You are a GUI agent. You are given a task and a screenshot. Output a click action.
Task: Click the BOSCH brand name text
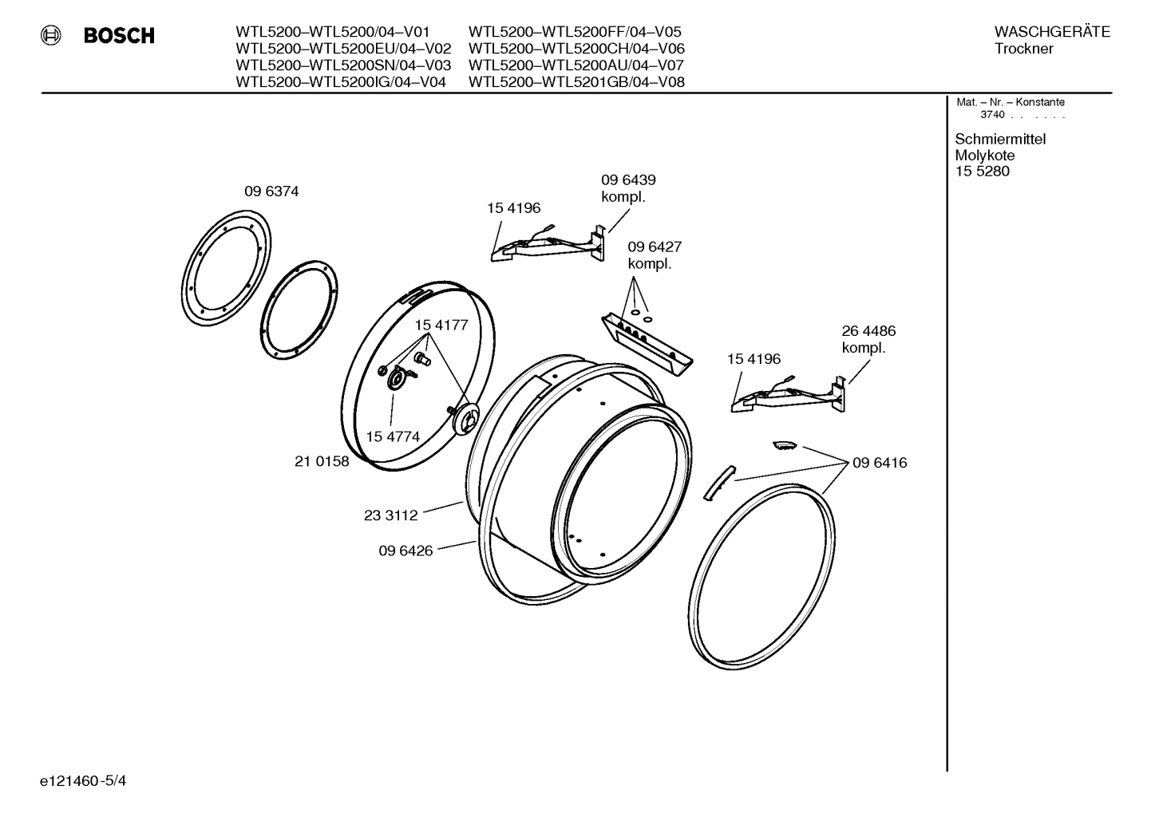(119, 36)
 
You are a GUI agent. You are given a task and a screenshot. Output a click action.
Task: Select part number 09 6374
(271, 191)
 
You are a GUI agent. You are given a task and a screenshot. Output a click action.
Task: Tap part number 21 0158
(322, 461)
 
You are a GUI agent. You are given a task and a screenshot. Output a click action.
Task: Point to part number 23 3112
(391, 515)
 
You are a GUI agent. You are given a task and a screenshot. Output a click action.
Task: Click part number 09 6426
(405, 551)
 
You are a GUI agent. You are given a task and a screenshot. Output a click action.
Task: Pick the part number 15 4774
(393, 436)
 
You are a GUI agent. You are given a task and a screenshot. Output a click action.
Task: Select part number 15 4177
(441, 326)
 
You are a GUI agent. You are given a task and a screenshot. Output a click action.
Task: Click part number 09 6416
(880, 463)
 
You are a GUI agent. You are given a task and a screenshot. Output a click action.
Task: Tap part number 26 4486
(868, 331)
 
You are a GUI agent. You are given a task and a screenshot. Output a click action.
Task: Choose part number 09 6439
(628, 180)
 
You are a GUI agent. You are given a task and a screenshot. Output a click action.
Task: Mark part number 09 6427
(655, 247)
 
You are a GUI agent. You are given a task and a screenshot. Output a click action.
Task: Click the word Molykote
(985, 156)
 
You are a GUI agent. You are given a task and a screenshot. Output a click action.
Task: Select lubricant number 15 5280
(982, 172)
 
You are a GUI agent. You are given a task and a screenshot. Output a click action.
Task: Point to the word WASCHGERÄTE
(1052, 32)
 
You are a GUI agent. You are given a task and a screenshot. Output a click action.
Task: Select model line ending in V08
(576, 81)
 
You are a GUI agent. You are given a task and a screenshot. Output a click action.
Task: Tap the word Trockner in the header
(1024, 49)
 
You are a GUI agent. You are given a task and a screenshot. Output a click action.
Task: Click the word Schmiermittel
(1000, 139)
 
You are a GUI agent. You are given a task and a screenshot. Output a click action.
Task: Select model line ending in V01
(333, 32)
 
